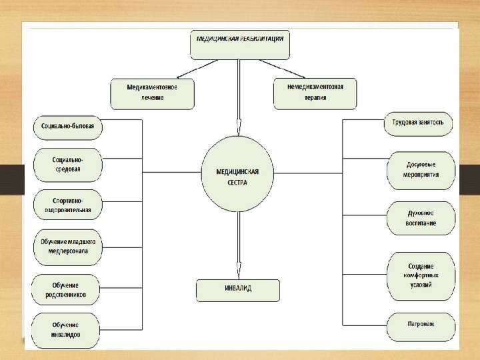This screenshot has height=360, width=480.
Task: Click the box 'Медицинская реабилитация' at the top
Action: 240,44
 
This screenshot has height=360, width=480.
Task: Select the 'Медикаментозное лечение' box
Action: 153,93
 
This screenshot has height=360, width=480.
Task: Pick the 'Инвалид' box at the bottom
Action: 237,289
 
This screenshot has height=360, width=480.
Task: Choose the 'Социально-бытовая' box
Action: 67,126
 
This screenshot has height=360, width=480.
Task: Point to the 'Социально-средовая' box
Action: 67,165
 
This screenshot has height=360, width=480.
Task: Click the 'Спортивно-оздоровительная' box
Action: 67,205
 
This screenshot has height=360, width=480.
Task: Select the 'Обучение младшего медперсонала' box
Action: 67,247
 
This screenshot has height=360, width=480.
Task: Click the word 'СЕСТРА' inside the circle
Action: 237,182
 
